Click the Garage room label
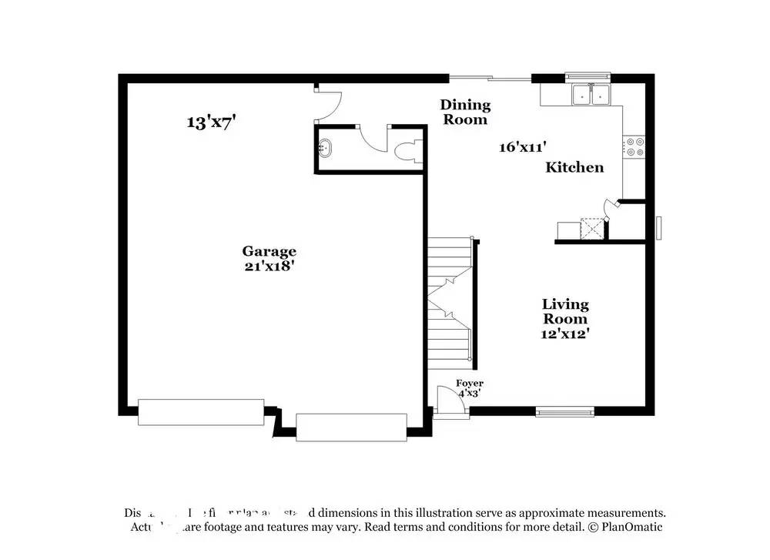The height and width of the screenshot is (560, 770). (269, 251)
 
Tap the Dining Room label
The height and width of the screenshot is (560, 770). (465, 112)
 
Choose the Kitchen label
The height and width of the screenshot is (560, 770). (574, 167)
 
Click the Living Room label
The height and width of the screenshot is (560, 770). (565, 311)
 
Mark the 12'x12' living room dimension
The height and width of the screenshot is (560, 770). (565, 334)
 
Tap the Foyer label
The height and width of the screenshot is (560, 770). (469, 383)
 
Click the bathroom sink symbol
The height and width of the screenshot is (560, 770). (326, 147)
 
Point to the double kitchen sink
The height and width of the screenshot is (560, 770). (591, 95)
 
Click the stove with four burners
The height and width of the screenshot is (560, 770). (634, 146)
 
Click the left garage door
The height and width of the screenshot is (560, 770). (201, 412)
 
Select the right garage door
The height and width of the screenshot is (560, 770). (351, 427)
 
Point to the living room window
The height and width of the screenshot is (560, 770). (565, 411)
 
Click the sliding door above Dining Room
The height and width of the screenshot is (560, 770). (490, 77)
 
